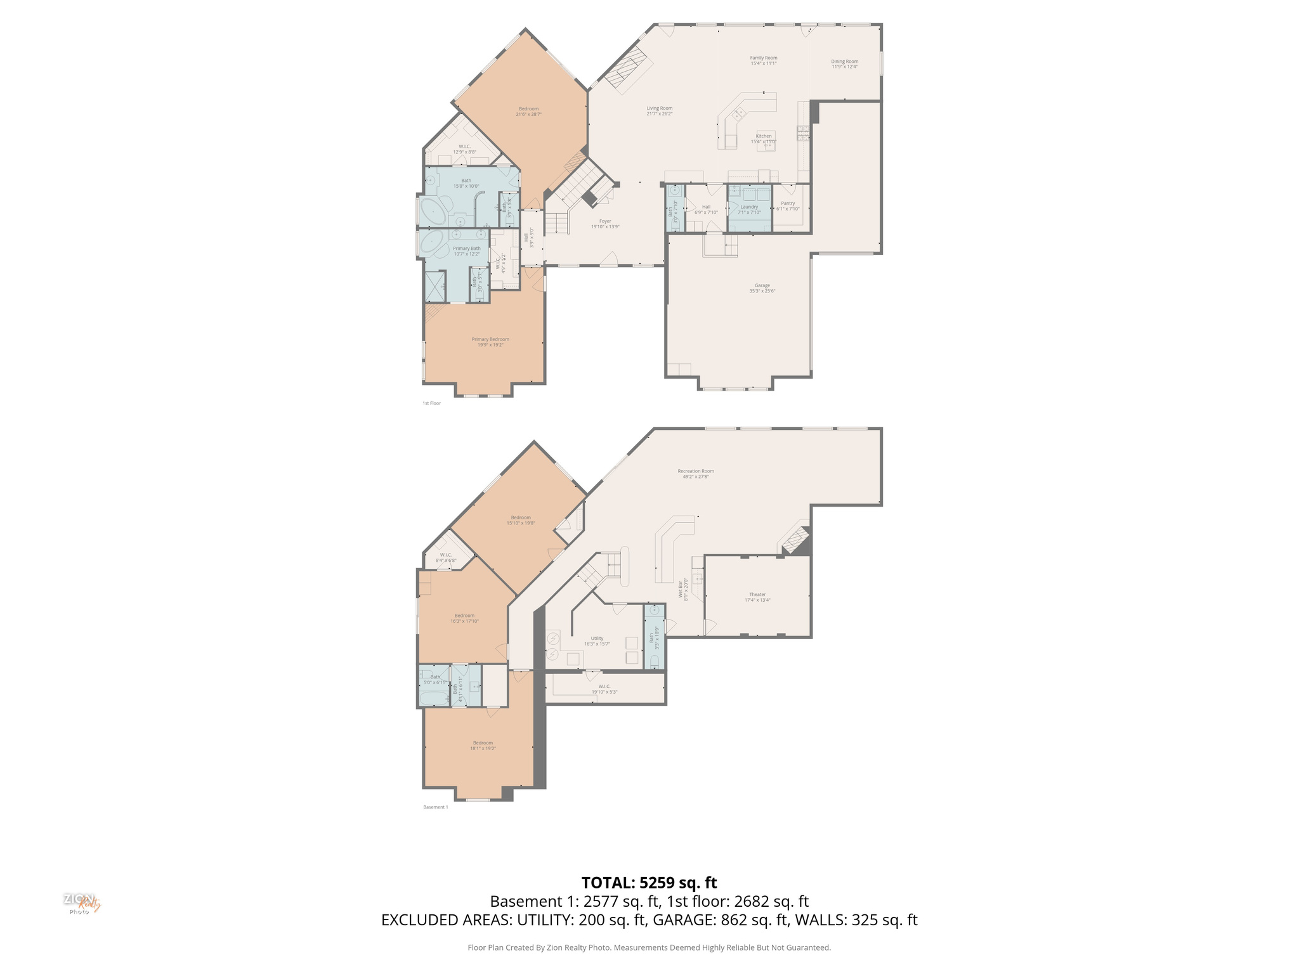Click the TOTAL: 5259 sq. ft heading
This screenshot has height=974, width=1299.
[x=649, y=883]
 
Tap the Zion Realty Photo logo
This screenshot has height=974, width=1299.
[x=81, y=903]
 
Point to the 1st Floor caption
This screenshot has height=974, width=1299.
[x=431, y=403]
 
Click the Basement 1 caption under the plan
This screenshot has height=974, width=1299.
[x=435, y=807]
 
